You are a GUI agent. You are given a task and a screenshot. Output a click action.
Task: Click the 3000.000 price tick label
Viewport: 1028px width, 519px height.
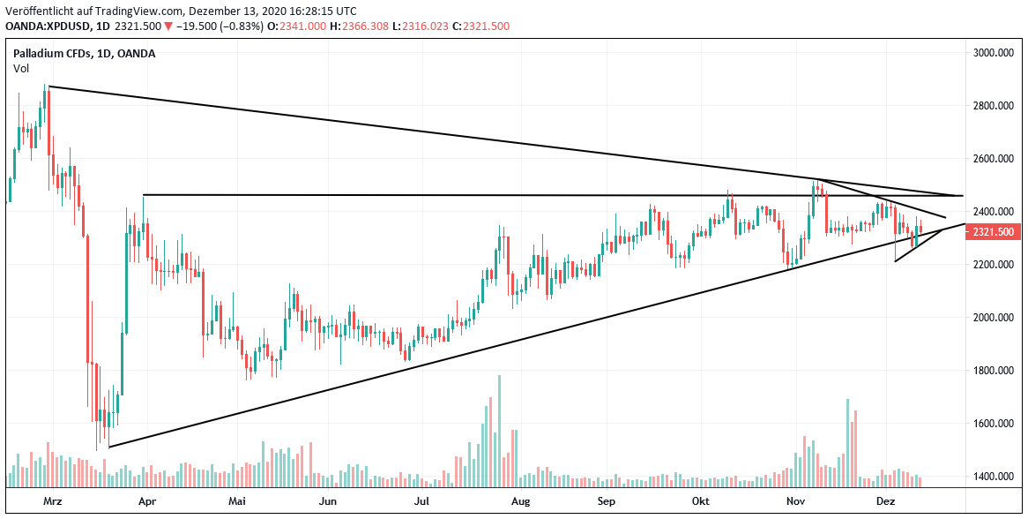(992, 53)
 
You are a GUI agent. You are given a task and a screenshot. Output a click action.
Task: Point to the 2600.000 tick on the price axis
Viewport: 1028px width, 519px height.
(992, 159)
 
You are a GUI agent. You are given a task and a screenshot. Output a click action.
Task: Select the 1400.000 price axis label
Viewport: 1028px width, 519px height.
(992, 477)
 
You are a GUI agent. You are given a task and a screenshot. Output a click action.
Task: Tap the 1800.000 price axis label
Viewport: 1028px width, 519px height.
(992, 371)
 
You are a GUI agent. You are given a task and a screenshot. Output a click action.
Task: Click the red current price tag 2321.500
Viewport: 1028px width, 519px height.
(992, 231)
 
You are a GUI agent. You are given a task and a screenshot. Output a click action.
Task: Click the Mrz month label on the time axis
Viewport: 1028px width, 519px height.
(55, 501)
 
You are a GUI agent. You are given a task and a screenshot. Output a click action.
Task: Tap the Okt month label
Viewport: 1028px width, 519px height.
(701, 501)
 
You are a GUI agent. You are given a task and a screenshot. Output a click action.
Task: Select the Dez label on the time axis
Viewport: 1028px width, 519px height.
(886, 501)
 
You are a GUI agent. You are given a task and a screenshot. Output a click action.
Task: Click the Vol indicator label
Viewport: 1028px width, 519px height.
(20, 68)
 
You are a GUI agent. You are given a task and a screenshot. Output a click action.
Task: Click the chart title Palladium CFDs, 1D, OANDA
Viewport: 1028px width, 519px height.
(85, 53)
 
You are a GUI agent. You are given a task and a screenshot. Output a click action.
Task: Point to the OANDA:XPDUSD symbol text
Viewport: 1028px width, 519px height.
(45, 26)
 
